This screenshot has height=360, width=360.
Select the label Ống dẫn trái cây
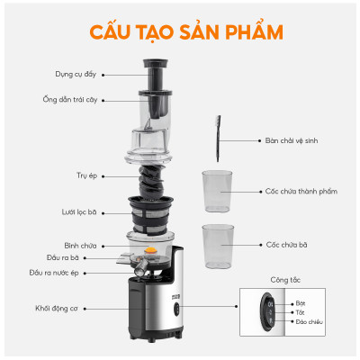pyautogui.click(x=75, y=99)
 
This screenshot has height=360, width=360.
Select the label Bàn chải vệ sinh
pyautogui.click(x=293, y=141)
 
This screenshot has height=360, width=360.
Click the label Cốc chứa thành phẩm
pyautogui.click(x=301, y=191)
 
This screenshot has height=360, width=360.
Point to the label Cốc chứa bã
pyautogui.click(x=288, y=244)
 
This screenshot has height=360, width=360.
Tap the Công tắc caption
pyautogui.click(x=285, y=279)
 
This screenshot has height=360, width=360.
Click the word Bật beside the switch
pyautogui.click(x=301, y=303)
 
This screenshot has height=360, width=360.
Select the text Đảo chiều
pyautogui.click(x=308, y=320)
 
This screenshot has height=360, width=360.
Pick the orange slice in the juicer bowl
pyautogui.click(x=155, y=239)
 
